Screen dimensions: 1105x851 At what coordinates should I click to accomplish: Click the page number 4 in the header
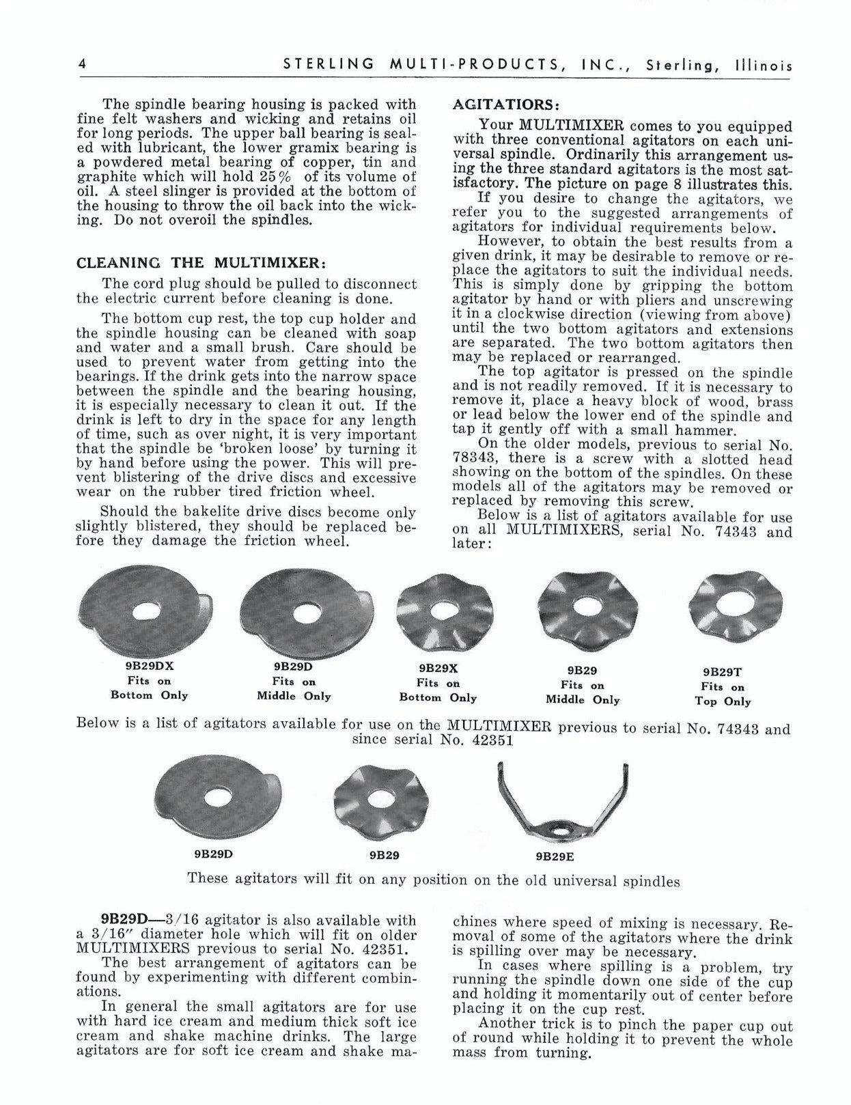tap(81, 65)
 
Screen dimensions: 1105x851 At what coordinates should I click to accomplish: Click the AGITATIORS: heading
tap(506, 104)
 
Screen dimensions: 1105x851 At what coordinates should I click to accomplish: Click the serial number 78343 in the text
tap(475, 460)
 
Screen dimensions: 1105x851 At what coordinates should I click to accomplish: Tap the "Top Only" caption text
tap(723, 701)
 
